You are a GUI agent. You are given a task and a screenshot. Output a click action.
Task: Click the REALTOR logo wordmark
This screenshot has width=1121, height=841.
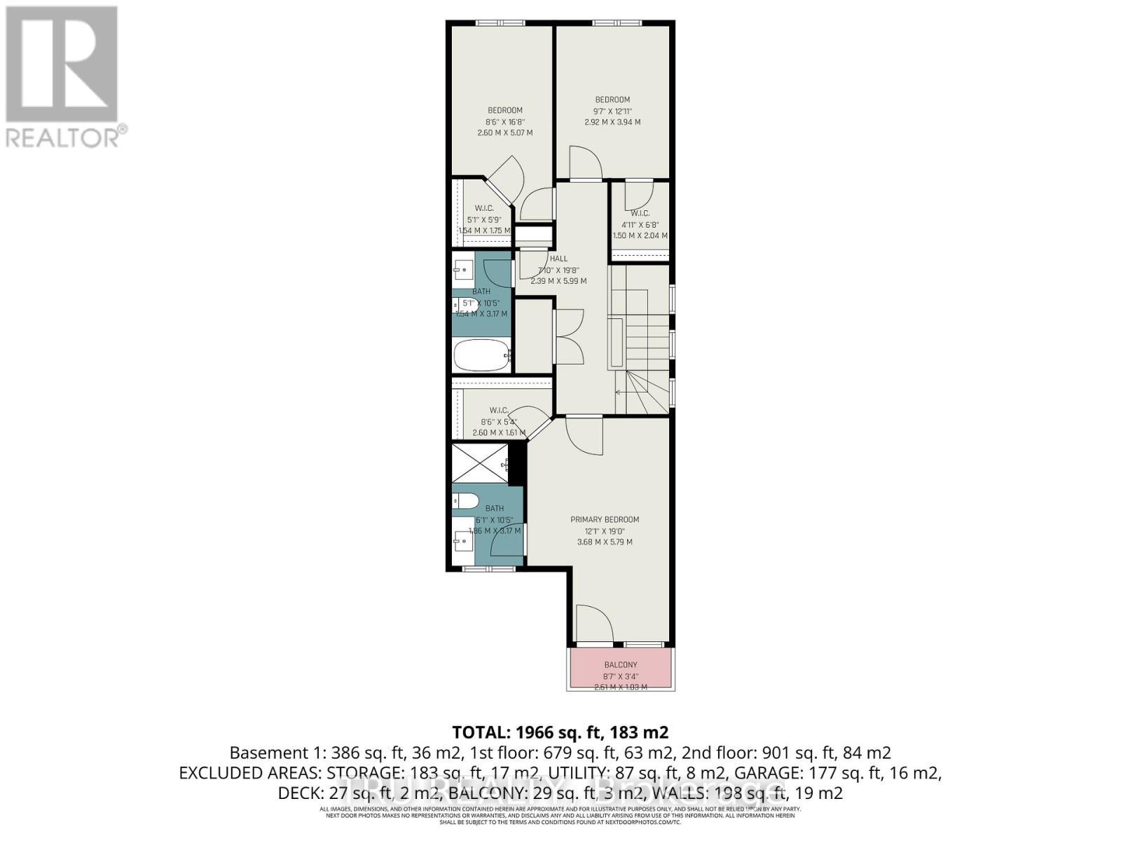67,136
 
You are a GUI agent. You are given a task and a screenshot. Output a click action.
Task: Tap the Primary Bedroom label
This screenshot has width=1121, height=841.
605,519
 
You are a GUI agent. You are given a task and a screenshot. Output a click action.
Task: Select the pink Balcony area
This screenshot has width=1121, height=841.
621,669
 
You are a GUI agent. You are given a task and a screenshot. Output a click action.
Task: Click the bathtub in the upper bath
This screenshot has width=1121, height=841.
481,355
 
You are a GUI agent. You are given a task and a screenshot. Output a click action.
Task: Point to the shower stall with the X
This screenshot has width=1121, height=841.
479,464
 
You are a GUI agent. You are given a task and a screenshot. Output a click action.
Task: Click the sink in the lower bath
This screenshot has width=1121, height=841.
462,538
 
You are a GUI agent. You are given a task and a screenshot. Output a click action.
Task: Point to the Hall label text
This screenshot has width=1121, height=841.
558,259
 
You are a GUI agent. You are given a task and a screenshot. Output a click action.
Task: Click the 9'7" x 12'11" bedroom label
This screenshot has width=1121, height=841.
612,111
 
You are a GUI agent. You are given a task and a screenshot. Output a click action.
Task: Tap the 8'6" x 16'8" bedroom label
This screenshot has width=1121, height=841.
504,121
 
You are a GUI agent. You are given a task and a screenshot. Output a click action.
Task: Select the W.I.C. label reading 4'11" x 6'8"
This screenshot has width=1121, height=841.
640,224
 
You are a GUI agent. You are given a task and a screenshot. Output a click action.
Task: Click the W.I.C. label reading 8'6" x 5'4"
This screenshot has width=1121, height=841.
498,421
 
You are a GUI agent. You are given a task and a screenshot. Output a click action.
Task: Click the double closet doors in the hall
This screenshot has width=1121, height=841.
569,336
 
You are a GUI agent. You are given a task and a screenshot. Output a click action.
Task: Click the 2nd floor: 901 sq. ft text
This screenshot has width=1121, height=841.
788,753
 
